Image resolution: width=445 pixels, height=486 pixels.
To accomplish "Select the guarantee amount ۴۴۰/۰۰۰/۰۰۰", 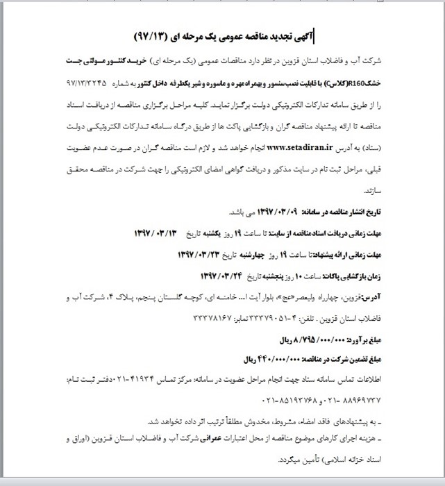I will (x=284, y=360).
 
